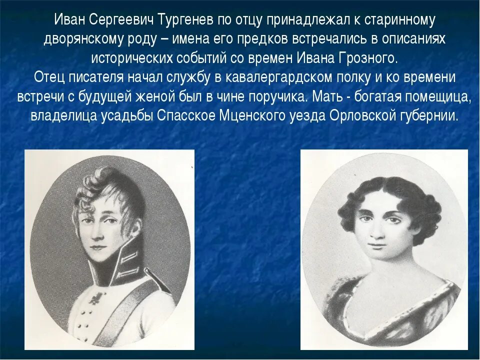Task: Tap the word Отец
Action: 51,78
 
